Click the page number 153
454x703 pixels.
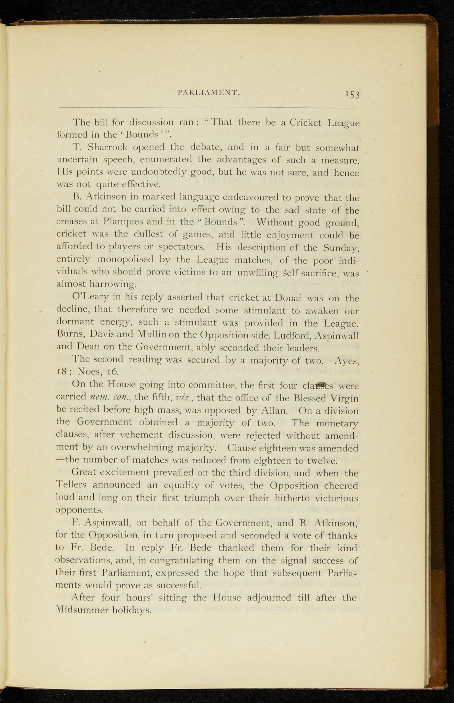coord(352,94)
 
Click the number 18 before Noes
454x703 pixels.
coord(63,372)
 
